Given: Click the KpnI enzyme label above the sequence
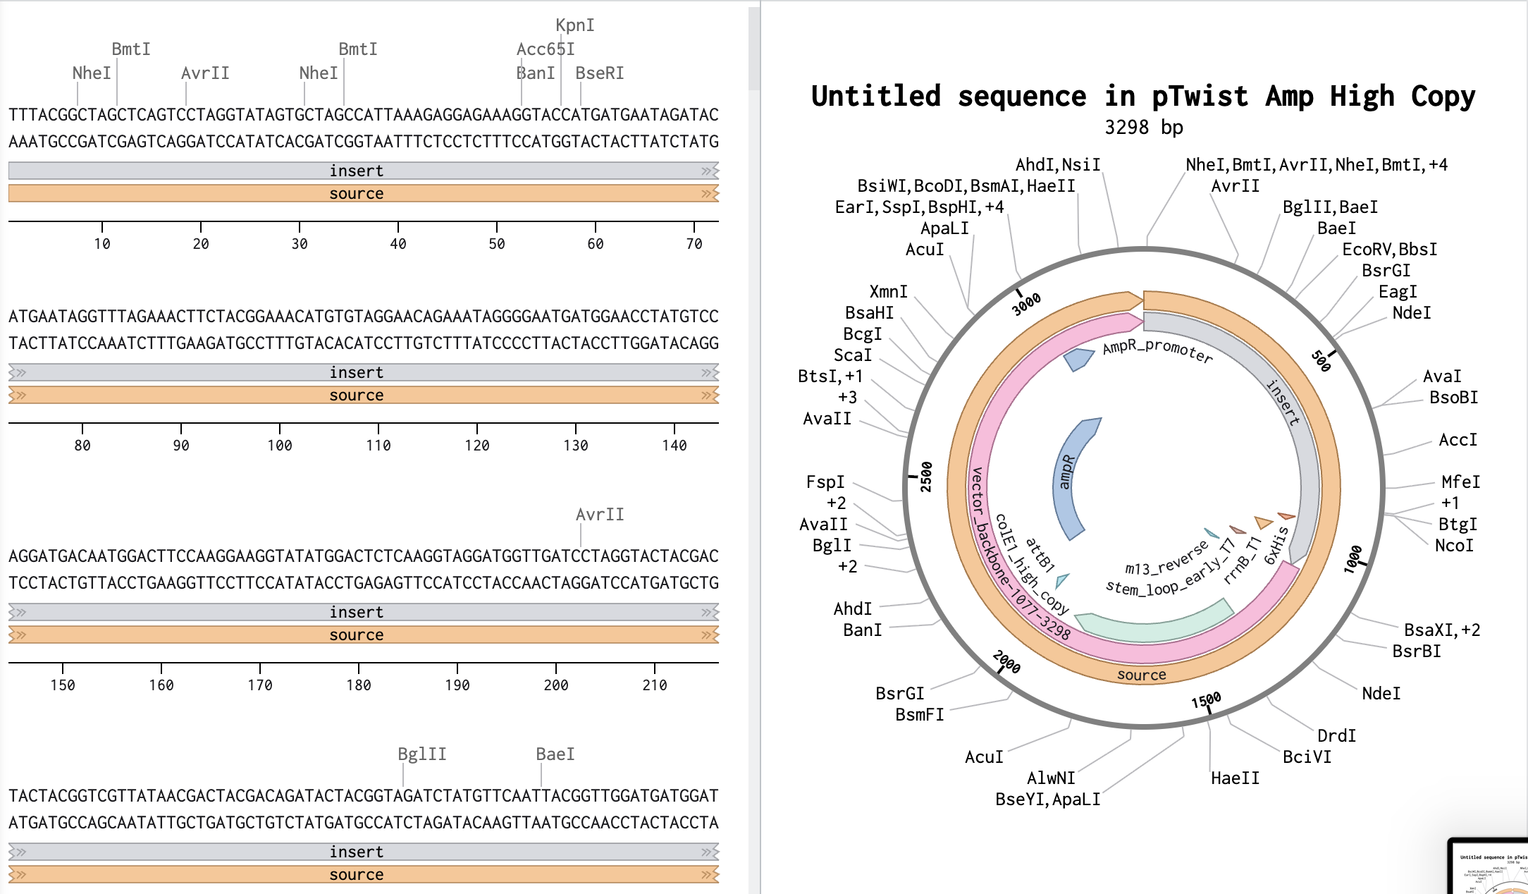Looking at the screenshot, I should click(x=574, y=25).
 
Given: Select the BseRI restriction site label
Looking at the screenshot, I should click(x=599, y=73).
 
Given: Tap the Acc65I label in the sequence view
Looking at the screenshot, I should click(x=545, y=49).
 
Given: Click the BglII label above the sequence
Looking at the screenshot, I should click(x=421, y=754).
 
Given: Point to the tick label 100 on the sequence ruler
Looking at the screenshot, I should click(x=280, y=446).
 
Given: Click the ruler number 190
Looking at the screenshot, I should click(x=457, y=685).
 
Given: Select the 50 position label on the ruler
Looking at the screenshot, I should click(x=497, y=244).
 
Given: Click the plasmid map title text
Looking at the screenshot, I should click(x=1142, y=97).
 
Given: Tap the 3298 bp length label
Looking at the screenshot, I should click(x=1143, y=128).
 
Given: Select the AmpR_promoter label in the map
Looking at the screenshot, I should click(x=1157, y=350).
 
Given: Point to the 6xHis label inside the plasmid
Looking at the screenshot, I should click(x=1276, y=546).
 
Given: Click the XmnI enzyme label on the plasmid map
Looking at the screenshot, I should click(x=888, y=292).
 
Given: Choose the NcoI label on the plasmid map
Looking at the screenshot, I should click(x=1453, y=546).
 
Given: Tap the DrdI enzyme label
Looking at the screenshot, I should click(x=1336, y=736).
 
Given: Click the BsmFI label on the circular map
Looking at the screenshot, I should click(x=919, y=715).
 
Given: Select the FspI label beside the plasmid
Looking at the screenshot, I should click(x=825, y=482).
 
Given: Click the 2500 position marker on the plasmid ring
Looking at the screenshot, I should click(x=926, y=477).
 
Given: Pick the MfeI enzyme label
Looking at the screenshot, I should click(x=1460, y=482).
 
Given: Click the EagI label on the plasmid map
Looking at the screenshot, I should click(x=1397, y=292).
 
